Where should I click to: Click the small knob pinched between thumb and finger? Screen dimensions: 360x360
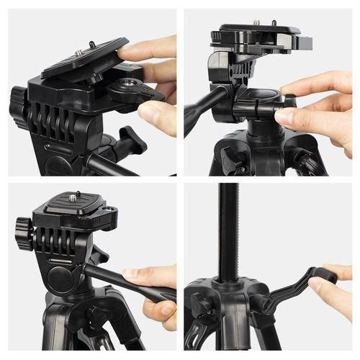(x=289, y=102)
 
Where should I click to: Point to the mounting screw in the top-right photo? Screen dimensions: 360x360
(x=256, y=24)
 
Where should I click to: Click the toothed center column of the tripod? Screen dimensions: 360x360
(x=230, y=230)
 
